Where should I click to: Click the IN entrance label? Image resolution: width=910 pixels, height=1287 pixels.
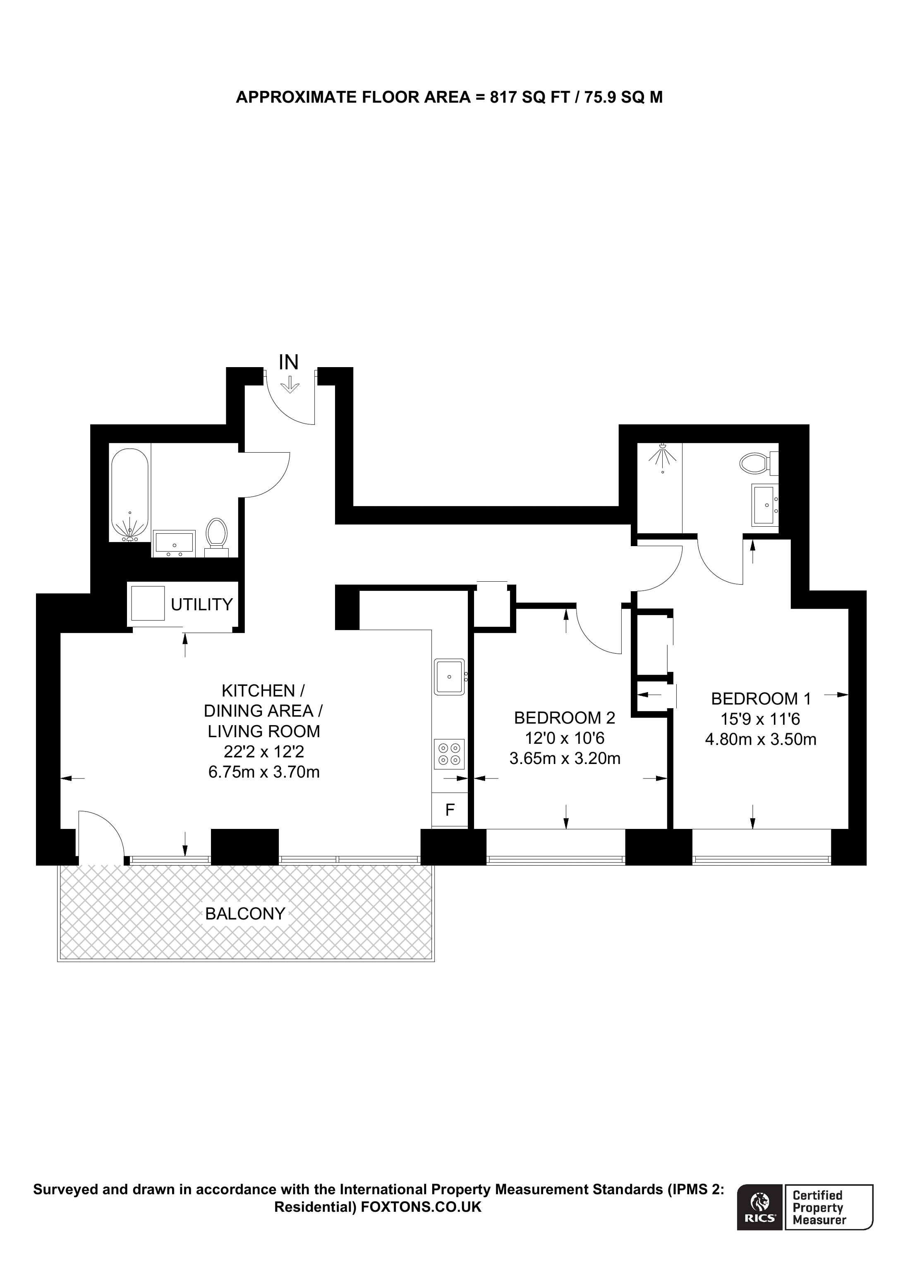coord(288,362)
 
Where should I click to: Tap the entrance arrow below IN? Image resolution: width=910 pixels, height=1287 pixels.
coord(290,384)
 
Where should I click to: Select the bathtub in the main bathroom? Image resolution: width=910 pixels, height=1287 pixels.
coord(129,496)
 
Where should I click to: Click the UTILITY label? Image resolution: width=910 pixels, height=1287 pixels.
coord(201,604)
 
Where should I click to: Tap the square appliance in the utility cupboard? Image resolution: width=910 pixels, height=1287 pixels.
coord(148,603)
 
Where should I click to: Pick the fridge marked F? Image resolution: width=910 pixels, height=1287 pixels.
coord(449,809)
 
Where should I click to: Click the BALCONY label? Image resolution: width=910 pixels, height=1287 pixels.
coord(245,914)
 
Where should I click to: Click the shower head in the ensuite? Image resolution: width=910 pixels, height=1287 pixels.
coord(663,455)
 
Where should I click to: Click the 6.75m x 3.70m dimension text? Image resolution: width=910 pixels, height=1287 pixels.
coord(263,772)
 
